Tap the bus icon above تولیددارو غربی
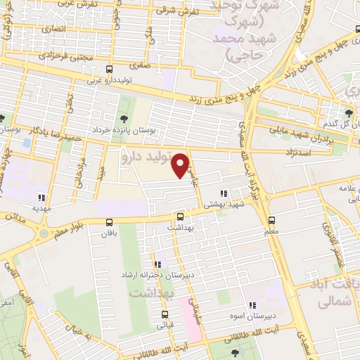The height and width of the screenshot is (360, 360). coord(109,70)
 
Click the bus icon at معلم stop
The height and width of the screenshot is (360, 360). coord(271,218)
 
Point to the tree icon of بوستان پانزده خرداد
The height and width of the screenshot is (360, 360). coord(124,118)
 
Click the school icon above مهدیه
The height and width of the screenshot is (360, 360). coord(42,198)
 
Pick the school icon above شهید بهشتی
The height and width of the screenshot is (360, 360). coord(224,193)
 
